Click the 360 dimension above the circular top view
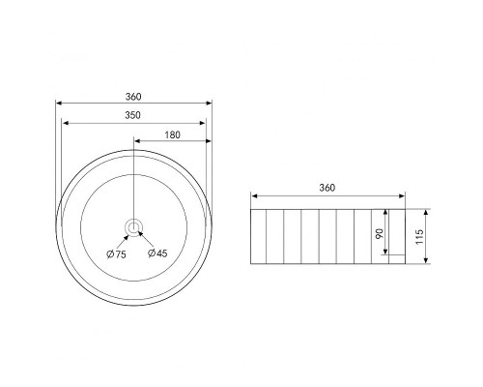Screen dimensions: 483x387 point(133,97)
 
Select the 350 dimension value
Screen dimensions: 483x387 point(132,115)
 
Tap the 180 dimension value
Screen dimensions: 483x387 point(172,134)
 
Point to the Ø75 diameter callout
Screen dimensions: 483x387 point(117,254)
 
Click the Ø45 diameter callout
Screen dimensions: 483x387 point(157,253)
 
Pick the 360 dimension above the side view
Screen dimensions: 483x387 point(327,188)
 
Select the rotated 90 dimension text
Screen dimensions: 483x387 point(380,233)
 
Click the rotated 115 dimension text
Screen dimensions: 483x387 point(419,237)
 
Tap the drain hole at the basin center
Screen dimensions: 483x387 point(132,227)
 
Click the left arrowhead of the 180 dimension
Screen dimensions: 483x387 point(137,141)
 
